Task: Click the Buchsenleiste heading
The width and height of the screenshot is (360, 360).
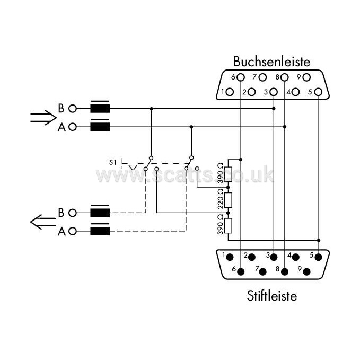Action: pyautogui.click(x=271, y=62)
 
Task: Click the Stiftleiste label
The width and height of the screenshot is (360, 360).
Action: pyautogui.click(x=272, y=296)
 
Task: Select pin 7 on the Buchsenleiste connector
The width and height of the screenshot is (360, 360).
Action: pyautogui.click(x=262, y=77)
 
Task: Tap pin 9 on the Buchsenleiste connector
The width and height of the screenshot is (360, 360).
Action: pyautogui.click(x=306, y=77)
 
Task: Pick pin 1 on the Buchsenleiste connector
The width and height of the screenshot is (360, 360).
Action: pyautogui.click(x=230, y=92)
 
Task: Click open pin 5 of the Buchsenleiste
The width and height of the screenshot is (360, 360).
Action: pyautogui.click(x=318, y=92)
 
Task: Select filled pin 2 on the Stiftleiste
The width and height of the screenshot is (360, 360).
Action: pyautogui.click(x=252, y=257)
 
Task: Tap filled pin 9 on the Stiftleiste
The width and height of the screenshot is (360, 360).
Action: pyautogui.click(x=306, y=272)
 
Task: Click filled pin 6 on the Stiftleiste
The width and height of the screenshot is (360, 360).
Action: pyautogui.click(x=241, y=272)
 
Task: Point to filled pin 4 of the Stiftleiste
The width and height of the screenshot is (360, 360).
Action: pyautogui.click(x=295, y=257)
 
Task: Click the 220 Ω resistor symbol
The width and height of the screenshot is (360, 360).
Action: pyautogui.click(x=228, y=200)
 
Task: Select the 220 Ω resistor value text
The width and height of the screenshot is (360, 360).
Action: pyautogui.click(x=221, y=199)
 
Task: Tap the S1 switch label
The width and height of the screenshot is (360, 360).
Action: pyautogui.click(x=113, y=162)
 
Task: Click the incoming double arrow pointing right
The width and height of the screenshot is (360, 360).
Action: pyautogui.click(x=43, y=118)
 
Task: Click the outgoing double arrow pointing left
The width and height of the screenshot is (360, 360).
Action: pyautogui.click(x=43, y=222)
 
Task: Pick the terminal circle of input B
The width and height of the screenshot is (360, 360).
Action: pyautogui.click(x=73, y=109)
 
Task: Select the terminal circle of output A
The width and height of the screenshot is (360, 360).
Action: pyautogui.click(x=73, y=231)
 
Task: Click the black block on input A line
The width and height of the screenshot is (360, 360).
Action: pyautogui.click(x=100, y=127)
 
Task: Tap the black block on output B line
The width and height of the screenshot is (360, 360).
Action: pyautogui.click(x=100, y=213)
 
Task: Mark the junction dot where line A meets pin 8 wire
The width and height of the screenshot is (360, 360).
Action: pyautogui.click(x=285, y=127)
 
